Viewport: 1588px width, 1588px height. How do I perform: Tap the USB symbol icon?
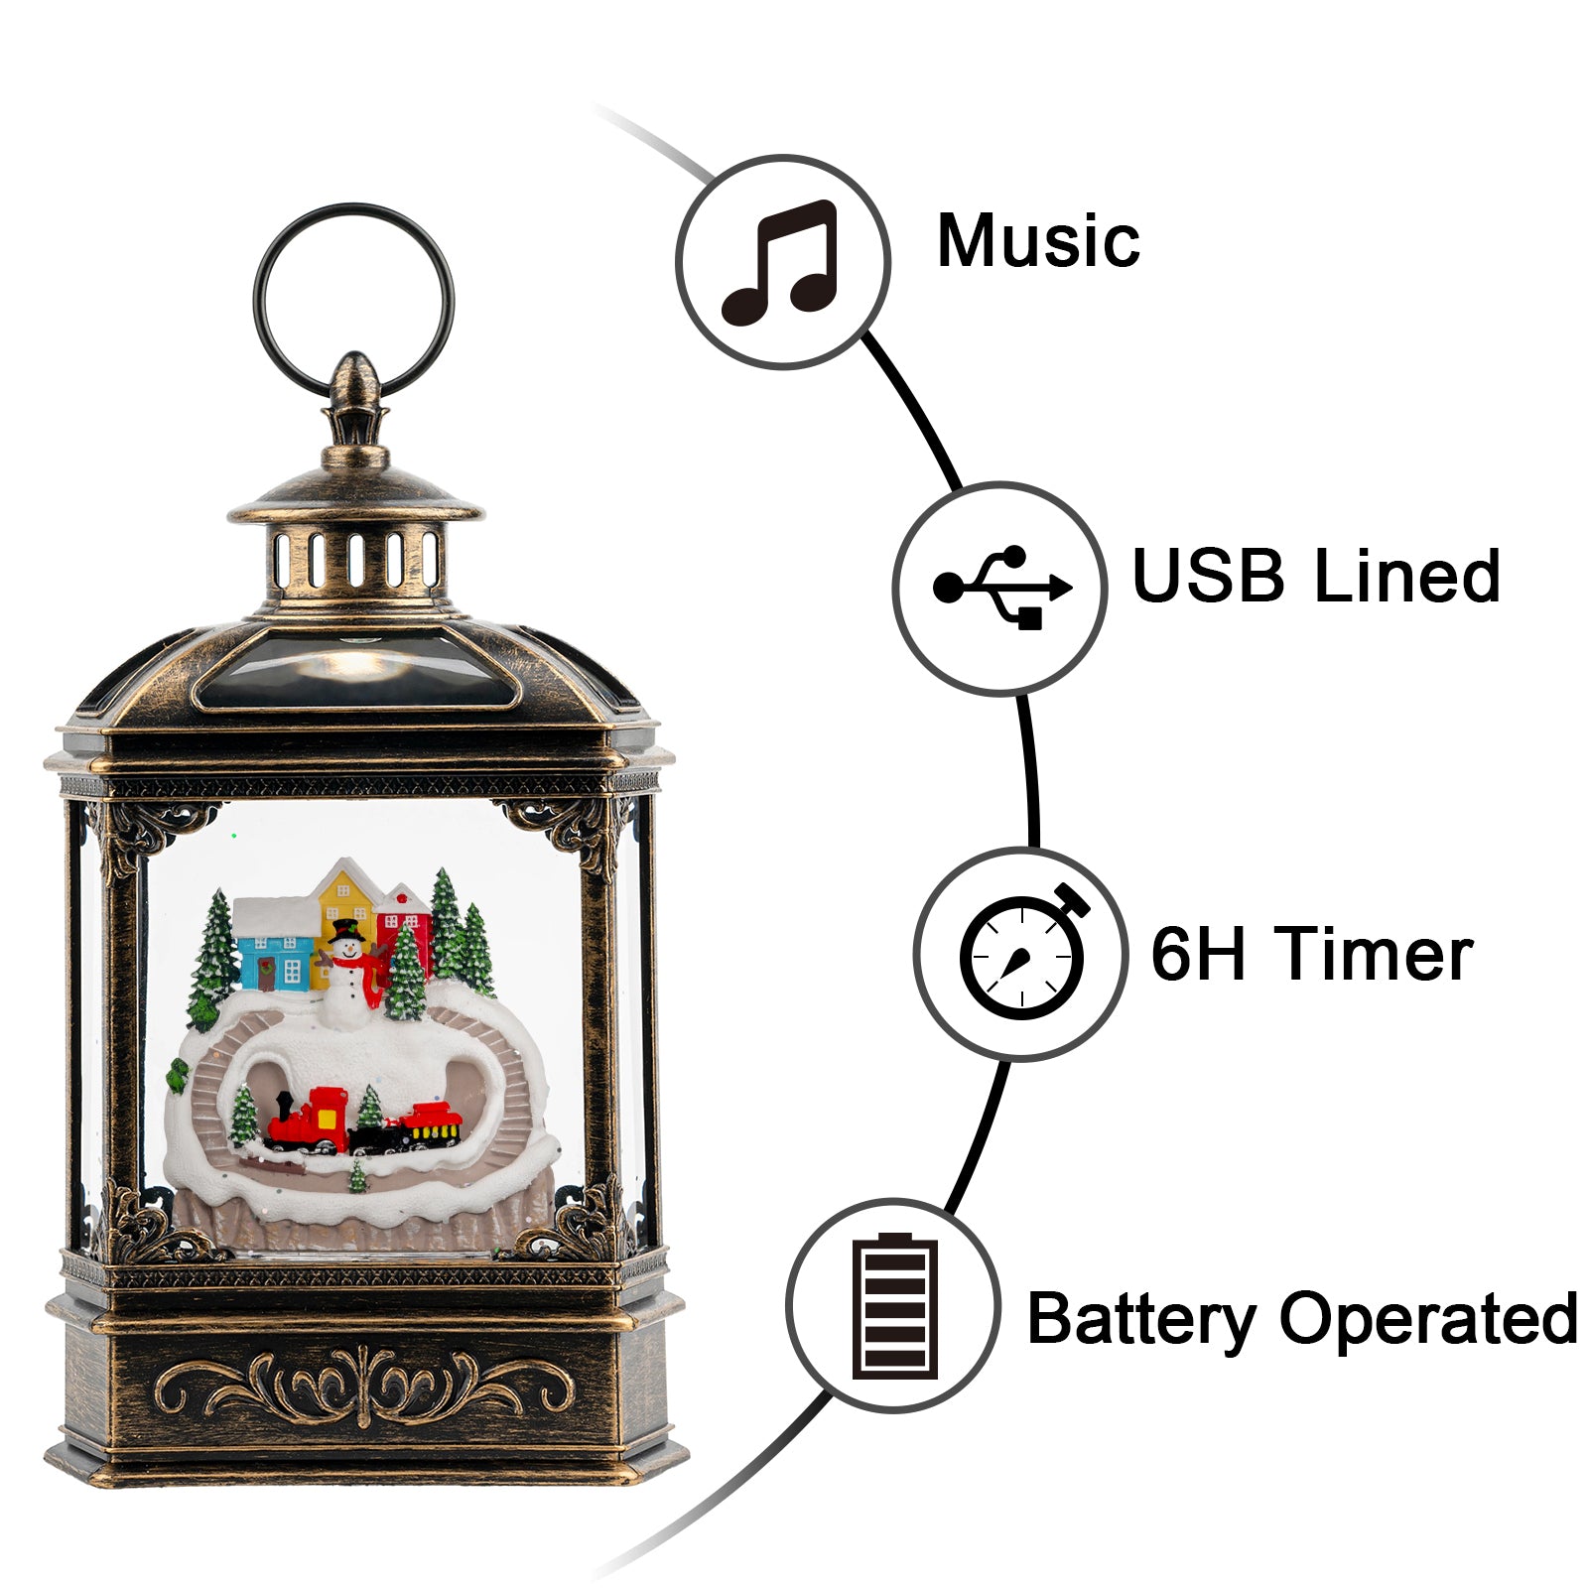coord(1000,588)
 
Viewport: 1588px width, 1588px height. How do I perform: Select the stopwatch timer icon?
coord(1022,954)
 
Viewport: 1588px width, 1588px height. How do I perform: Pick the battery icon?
coord(894,1306)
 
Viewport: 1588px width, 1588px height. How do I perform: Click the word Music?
coord(1038,241)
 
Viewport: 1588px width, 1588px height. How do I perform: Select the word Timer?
coord(1375,954)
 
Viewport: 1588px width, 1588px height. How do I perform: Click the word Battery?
coord(1141,1320)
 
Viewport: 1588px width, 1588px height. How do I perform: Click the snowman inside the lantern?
coord(346,979)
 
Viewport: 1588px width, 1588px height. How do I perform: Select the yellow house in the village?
coord(342,903)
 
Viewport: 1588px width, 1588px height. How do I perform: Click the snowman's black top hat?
coord(346,931)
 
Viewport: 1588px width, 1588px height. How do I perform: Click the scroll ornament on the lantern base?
coord(363,1385)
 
